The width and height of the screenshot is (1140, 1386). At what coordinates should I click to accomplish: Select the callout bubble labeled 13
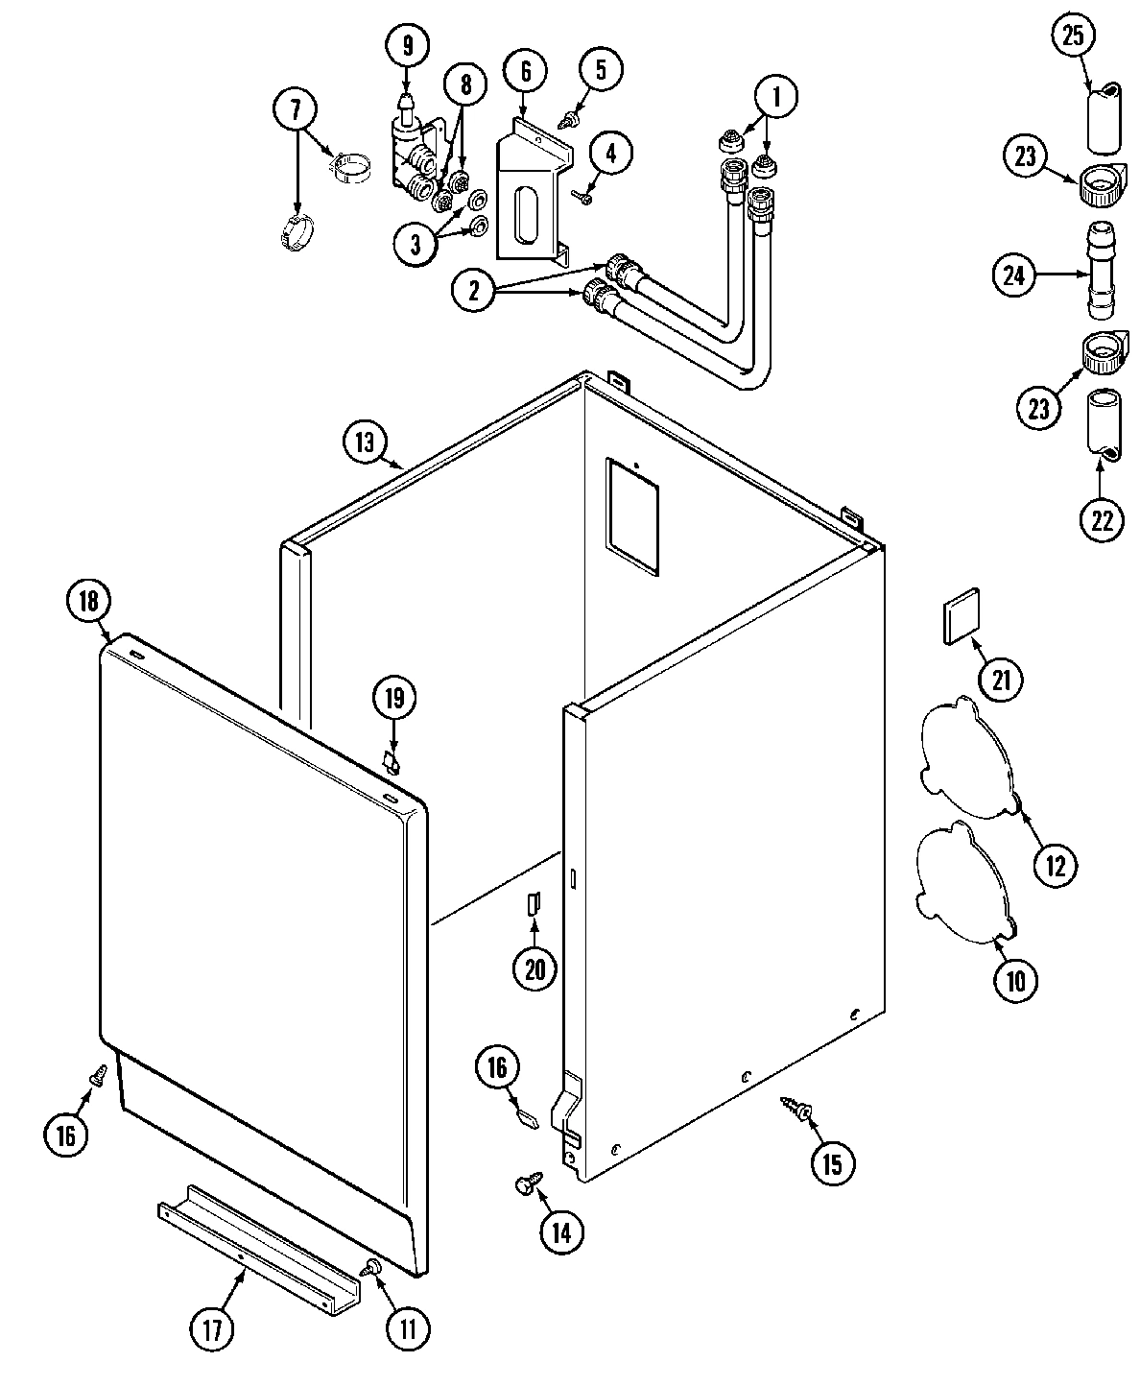[366, 442]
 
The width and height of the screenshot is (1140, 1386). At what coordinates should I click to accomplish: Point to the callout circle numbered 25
[1073, 36]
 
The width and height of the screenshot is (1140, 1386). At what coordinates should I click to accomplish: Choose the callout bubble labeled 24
[1015, 275]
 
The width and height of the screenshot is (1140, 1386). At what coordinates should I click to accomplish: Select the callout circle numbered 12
[1055, 865]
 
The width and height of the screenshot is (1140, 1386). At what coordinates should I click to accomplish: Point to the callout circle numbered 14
[561, 1232]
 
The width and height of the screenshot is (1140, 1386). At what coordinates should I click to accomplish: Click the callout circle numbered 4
[610, 152]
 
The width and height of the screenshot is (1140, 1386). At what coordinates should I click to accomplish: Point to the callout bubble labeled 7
[297, 110]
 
